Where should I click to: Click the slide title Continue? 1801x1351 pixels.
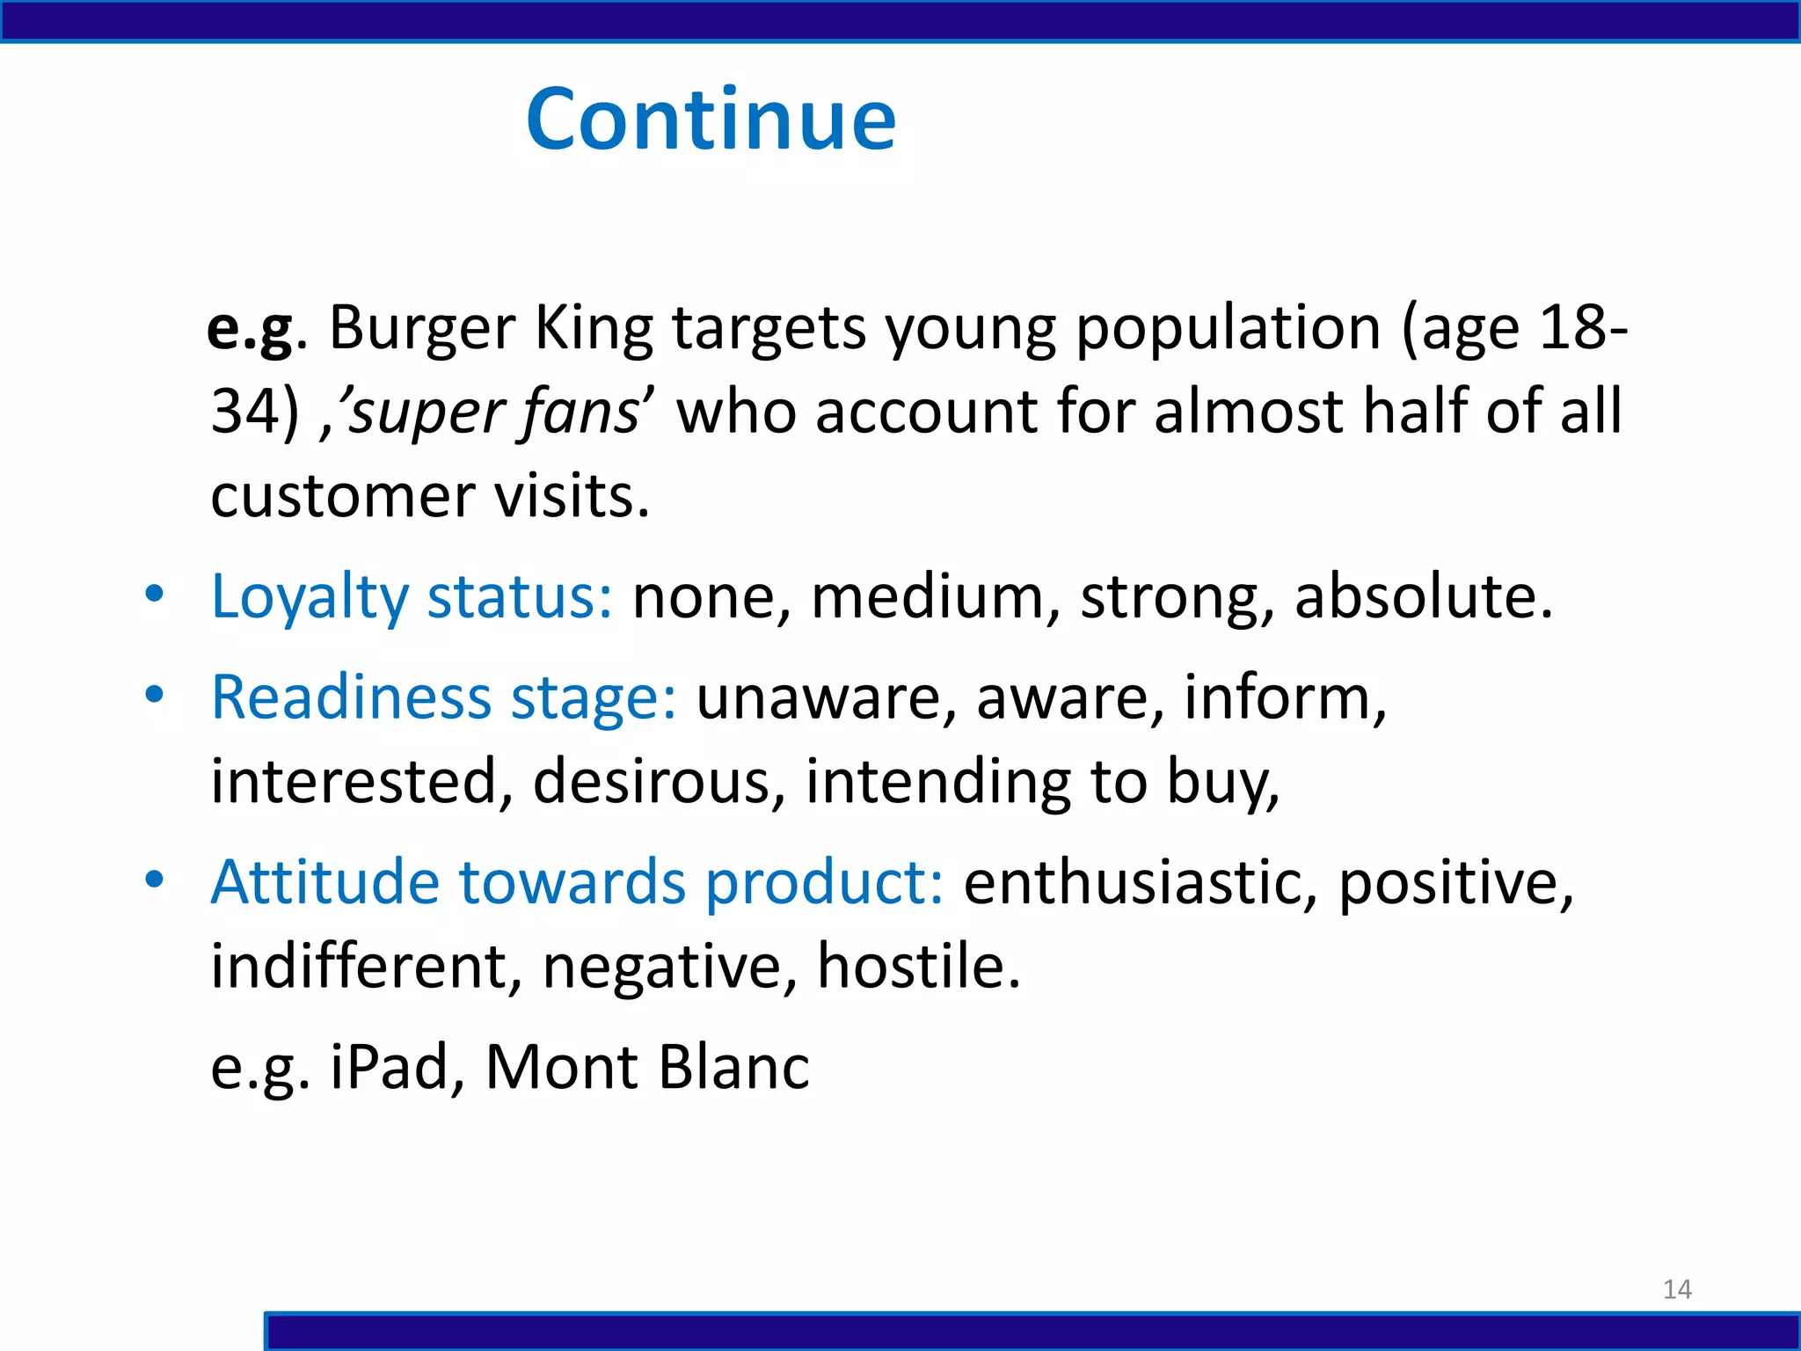tap(711, 120)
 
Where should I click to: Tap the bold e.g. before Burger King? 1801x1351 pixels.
tap(249, 329)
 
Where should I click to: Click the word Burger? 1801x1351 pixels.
tap(422, 329)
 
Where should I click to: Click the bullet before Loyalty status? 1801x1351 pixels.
tap(155, 595)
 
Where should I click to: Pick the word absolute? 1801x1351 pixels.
tap(1422, 596)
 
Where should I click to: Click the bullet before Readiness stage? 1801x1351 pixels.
tap(155, 695)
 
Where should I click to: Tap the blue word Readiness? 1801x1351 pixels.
tap(351, 697)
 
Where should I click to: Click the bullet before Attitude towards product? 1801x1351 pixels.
tap(155, 880)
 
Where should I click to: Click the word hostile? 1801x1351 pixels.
tap(918, 966)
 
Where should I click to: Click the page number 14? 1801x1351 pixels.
tap(1677, 1289)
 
